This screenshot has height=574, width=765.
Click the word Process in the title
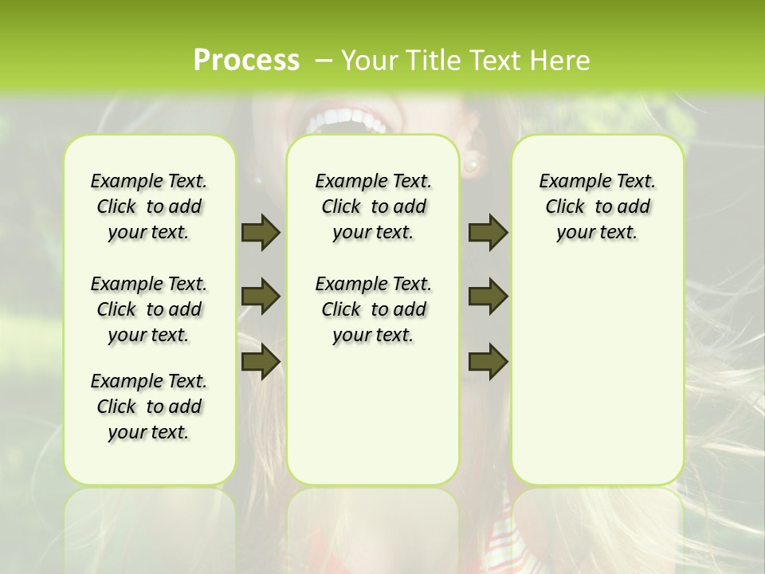246,60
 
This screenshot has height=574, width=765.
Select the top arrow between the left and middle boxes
261,232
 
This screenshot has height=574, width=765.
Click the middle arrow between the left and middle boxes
261,297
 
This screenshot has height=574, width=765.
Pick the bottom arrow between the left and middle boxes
261,361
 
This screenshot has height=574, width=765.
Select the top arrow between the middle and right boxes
488,232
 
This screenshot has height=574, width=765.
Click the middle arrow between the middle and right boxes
488,297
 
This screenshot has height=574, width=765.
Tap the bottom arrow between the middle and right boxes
488,361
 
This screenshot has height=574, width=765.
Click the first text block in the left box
149,206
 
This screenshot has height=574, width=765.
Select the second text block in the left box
149,309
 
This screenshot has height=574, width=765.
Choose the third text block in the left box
149,407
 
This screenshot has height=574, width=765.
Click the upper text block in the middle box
373,206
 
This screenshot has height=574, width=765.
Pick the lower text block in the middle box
373,309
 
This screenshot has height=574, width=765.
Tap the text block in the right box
597,206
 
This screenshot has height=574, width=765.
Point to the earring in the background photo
472,165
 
